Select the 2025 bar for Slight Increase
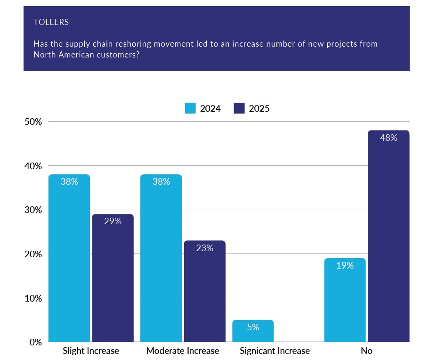pos(113,278)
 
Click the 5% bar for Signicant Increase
pos(253,331)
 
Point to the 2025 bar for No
pos(388,236)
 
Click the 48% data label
pos(389,138)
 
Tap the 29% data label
pos(113,221)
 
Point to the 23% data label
pos(205,248)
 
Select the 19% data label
pos(345,265)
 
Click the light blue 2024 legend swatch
pos(190,108)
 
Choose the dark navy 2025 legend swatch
pos(239,108)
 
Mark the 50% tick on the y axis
pos(32,122)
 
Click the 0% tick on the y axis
pos(35,342)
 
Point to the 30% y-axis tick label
pos(32,210)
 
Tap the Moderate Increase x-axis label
pos(183,351)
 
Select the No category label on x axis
pos(366,351)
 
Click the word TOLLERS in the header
pos(51,22)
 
